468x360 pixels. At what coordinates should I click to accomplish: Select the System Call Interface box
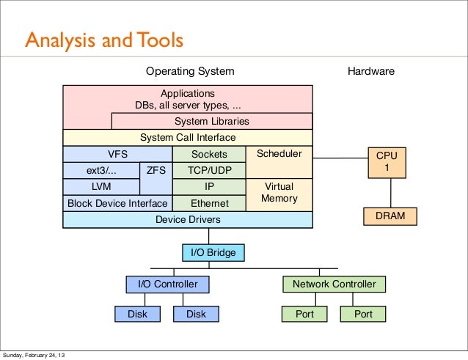click(x=188, y=138)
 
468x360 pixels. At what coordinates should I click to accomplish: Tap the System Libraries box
click(x=211, y=121)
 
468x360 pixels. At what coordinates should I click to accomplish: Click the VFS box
click(x=117, y=154)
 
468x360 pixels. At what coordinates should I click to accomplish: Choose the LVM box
click(x=101, y=187)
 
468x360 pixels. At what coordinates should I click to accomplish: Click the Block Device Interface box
click(x=117, y=203)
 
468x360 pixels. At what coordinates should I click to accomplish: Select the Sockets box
click(x=209, y=154)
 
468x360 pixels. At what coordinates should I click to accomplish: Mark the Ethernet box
click(x=209, y=203)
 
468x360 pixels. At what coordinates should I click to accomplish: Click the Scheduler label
click(x=279, y=154)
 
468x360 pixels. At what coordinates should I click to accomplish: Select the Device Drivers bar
click(x=188, y=219)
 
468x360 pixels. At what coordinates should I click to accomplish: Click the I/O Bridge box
click(x=213, y=252)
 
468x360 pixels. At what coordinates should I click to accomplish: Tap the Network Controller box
click(x=334, y=284)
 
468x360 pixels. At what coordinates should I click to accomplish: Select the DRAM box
click(x=390, y=216)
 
